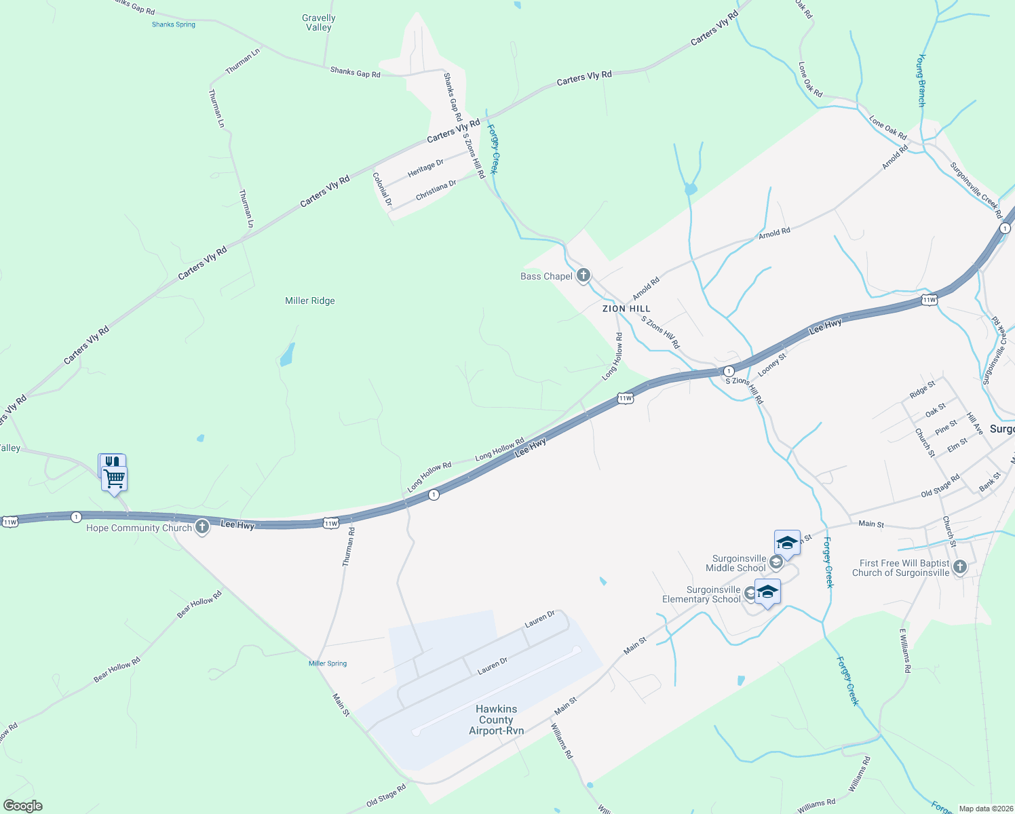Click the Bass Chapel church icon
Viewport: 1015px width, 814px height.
click(x=583, y=275)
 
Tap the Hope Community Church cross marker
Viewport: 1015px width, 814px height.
click(x=202, y=527)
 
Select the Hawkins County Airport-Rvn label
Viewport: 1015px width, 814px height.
click(x=497, y=720)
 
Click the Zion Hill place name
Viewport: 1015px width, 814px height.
click(x=626, y=309)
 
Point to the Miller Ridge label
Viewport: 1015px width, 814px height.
click(x=310, y=301)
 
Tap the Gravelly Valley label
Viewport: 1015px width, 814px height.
click(x=319, y=23)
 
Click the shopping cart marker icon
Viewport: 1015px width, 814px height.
click(x=114, y=478)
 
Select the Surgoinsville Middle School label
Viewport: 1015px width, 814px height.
click(x=735, y=563)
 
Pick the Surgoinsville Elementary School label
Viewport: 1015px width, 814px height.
click(x=702, y=594)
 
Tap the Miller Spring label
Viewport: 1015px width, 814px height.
click(x=328, y=663)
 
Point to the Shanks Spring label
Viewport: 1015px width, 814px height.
click(x=174, y=24)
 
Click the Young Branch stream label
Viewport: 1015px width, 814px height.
click(x=921, y=80)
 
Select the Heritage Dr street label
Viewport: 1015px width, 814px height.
click(x=425, y=168)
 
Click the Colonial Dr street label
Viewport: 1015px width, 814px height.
click(x=382, y=189)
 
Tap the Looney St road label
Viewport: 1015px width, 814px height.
click(x=772, y=364)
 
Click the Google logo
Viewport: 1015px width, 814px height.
click(x=23, y=806)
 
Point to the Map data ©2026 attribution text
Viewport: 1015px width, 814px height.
click(x=985, y=809)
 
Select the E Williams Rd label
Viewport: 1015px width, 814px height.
click(x=905, y=651)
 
